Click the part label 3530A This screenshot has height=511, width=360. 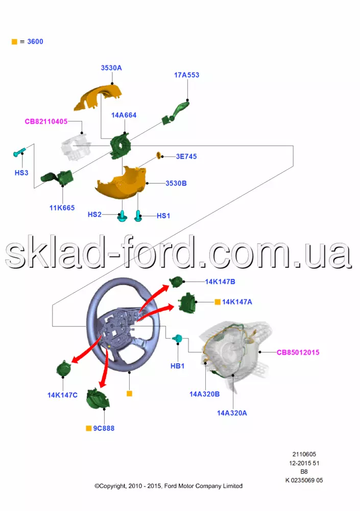111,67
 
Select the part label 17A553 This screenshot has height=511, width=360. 187,75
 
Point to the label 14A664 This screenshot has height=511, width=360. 124,115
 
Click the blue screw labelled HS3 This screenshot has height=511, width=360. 19,152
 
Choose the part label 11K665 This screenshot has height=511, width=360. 62,208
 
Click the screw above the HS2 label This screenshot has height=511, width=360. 123,217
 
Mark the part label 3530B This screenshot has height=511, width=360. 176,183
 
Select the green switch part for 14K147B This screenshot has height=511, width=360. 177,281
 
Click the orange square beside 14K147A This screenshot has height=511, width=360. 218,302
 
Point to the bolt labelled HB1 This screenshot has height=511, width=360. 179,338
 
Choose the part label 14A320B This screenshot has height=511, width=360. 204,394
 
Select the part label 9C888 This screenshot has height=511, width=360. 104,428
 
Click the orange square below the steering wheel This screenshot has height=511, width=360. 129,394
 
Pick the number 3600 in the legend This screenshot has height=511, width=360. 35,41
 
